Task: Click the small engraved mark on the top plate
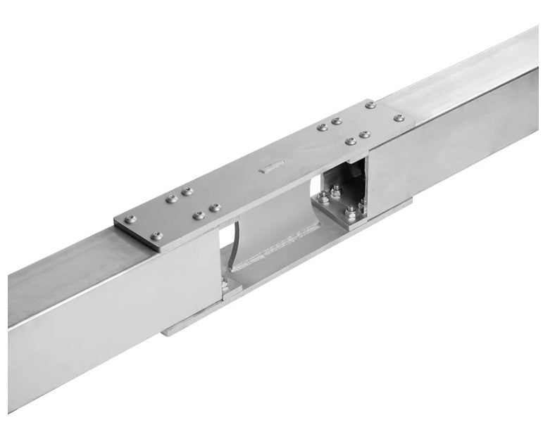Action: (x=271, y=167)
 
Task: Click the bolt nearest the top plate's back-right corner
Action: (x=368, y=106)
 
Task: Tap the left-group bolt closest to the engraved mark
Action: (x=215, y=208)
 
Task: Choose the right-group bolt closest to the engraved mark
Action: (x=321, y=129)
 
